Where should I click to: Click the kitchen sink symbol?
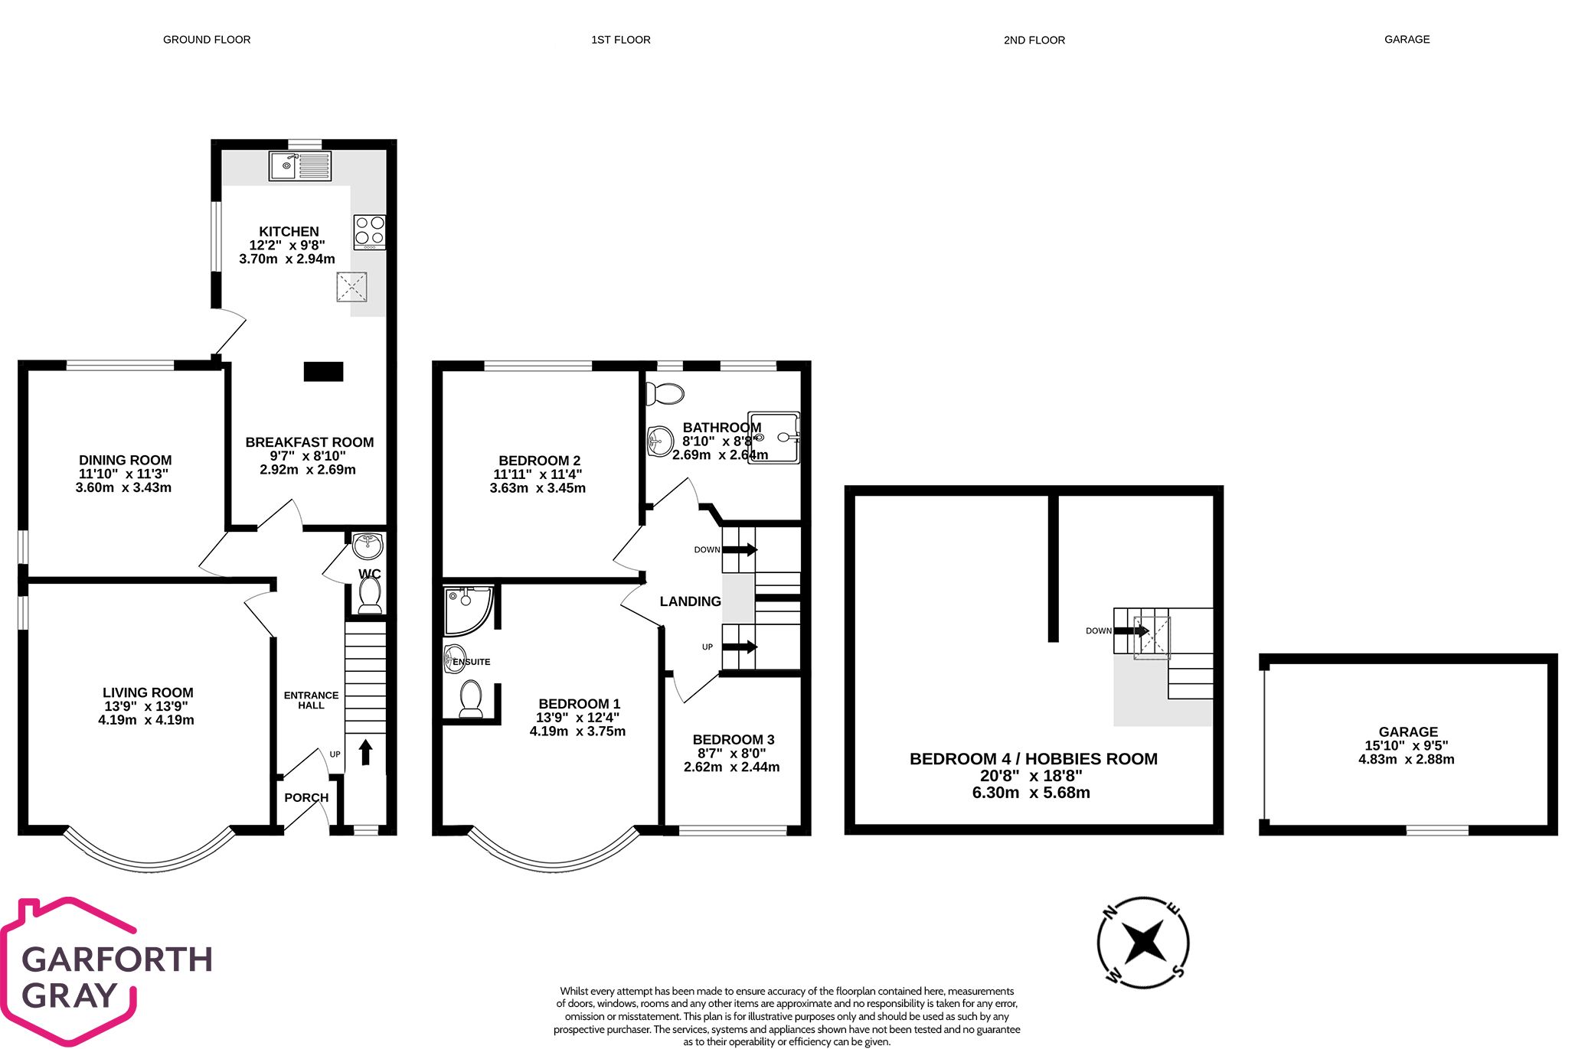pyautogui.click(x=299, y=166)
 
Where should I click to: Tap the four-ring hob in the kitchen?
pyautogui.click(x=369, y=232)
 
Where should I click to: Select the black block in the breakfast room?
pyautogui.click(x=323, y=372)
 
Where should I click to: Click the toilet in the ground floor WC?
pyautogui.click(x=370, y=595)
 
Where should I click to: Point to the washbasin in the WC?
pyautogui.click(x=368, y=546)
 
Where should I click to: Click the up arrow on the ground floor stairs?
pyautogui.click(x=365, y=751)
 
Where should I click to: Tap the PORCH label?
pyautogui.click(x=306, y=797)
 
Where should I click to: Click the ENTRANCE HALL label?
pyautogui.click(x=311, y=700)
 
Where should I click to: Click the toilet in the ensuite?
pyautogui.click(x=470, y=699)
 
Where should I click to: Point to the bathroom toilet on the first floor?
pyautogui.click(x=664, y=394)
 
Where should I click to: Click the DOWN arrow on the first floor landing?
pyautogui.click(x=740, y=549)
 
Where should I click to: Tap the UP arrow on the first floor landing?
pyautogui.click(x=740, y=647)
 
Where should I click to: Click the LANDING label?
pyautogui.click(x=690, y=601)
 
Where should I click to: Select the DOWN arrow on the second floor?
pyautogui.click(x=1131, y=630)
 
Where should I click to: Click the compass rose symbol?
pyautogui.click(x=1142, y=942)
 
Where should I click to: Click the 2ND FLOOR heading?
pyautogui.click(x=1034, y=40)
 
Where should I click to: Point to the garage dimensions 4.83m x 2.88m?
pyautogui.click(x=1406, y=759)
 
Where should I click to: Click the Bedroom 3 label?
pyautogui.click(x=733, y=739)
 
